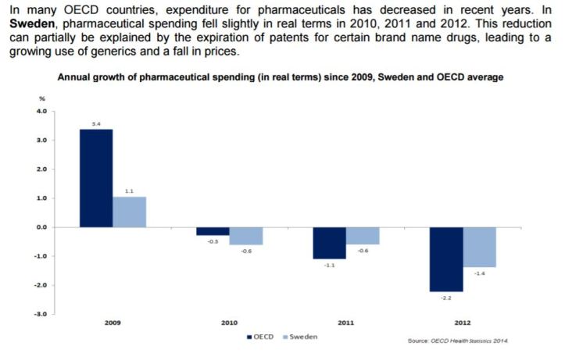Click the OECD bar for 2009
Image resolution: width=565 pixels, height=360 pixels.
coord(96,178)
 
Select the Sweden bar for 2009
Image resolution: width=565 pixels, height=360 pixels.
coord(130,212)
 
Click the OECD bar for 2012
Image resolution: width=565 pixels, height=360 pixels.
coord(446,259)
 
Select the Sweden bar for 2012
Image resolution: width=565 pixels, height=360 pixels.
coord(479,248)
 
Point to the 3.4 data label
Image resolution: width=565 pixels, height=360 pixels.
coord(96,123)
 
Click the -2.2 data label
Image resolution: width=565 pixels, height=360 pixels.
coord(446,298)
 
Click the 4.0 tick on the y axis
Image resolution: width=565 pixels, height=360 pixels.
coord(41,112)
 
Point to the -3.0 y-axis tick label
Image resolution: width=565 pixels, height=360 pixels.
coord(40,314)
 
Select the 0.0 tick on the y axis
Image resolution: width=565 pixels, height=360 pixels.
coord(41,227)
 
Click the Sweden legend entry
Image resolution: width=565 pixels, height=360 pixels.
coord(300,337)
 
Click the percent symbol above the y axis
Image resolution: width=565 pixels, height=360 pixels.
coord(42,98)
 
